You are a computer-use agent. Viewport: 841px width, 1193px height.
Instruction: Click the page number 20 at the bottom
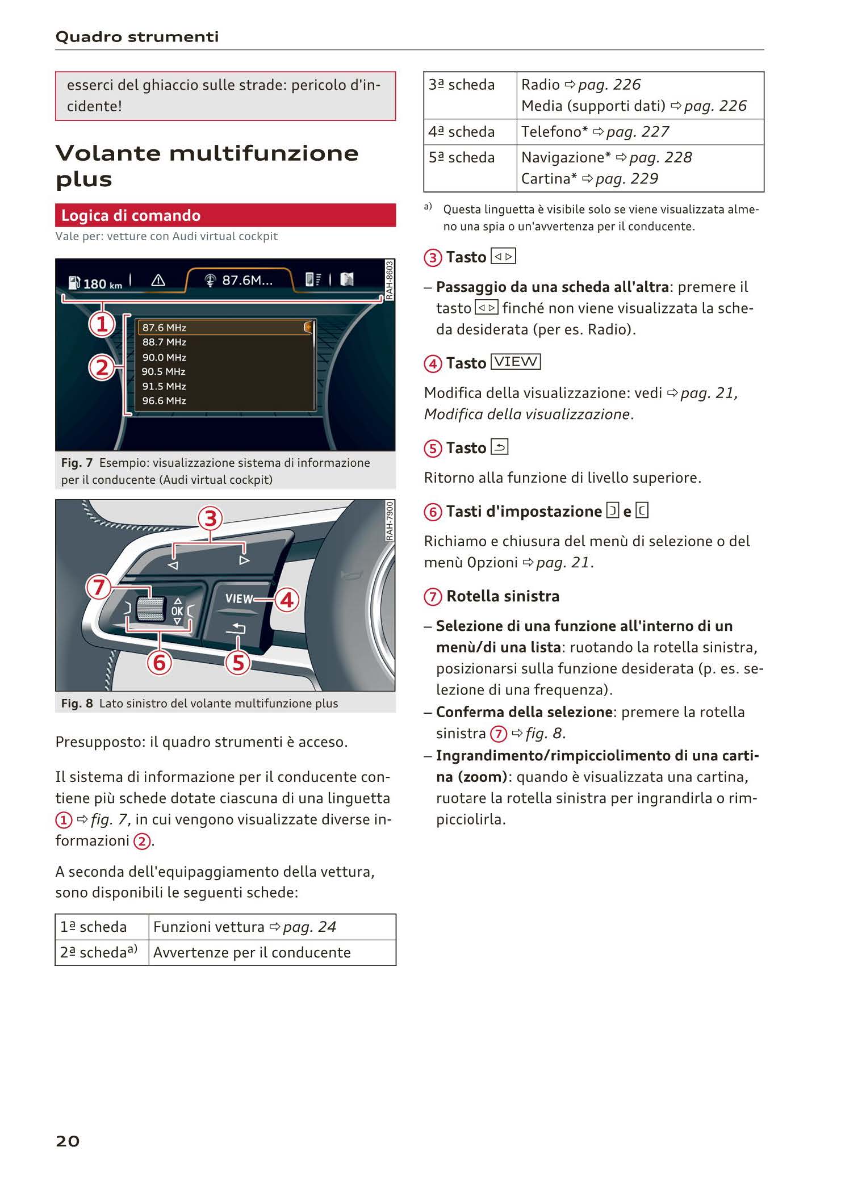pos(68,1141)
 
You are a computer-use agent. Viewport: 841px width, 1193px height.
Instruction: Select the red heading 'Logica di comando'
pos(131,216)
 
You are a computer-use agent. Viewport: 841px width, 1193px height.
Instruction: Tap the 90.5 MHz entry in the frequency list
pos(164,372)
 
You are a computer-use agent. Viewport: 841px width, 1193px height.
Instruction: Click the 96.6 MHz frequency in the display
pos(164,401)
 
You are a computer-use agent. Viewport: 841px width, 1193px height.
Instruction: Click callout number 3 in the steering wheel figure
pos(210,518)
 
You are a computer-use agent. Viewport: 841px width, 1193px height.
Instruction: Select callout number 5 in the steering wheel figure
pos(238,662)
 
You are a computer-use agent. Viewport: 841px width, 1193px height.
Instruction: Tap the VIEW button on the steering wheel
pos(239,599)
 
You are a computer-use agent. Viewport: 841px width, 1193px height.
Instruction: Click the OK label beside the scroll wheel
pos(177,611)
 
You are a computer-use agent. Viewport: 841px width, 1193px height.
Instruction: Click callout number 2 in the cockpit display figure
pos(102,368)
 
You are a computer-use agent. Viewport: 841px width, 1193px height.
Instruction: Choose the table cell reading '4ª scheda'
pos(462,132)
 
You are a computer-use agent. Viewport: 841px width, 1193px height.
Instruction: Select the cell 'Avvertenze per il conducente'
pos(252,953)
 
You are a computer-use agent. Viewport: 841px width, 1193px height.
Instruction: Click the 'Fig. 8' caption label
pos(77,704)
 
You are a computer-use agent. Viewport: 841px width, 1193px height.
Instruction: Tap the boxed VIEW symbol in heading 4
pos(516,362)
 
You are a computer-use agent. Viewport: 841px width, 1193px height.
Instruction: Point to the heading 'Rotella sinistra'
pos(503,596)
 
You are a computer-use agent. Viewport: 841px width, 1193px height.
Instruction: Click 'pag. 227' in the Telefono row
pos(637,132)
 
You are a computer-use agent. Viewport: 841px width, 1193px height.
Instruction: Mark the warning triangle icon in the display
pos(158,280)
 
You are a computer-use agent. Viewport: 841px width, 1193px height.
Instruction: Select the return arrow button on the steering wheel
pos(238,627)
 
